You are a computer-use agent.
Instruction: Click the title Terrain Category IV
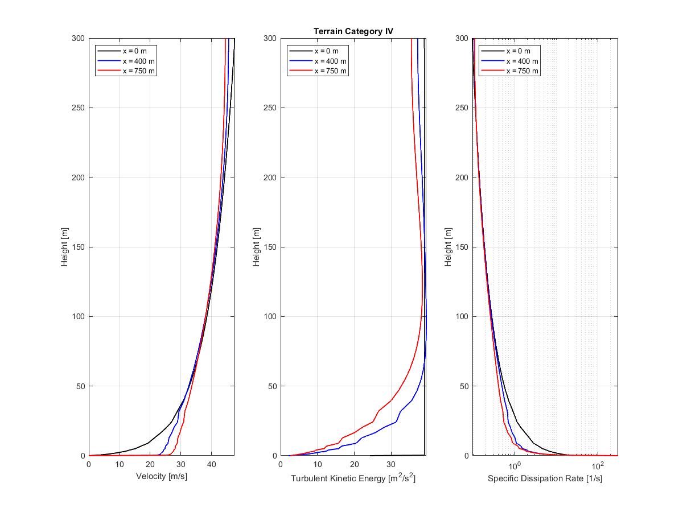click(x=353, y=31)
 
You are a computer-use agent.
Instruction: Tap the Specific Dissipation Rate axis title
click(x=545, y=478)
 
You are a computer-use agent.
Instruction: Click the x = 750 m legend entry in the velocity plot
click(x=138, y=71)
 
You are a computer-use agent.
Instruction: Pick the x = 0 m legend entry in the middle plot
click(x=329, y=51)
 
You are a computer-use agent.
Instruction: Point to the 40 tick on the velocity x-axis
click(x=211, y=465)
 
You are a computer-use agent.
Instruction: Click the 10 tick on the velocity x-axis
click(x=120, y=465)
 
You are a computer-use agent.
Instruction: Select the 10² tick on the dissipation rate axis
click(x=598, y=465)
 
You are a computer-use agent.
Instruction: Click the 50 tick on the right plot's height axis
click(x=463, y=386)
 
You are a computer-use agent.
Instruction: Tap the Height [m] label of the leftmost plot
click(x=65, y=247)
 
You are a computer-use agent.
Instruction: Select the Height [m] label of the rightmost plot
click(x=449, y=247)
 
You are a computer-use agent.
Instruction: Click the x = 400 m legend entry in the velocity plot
click(x=138, y=61)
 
